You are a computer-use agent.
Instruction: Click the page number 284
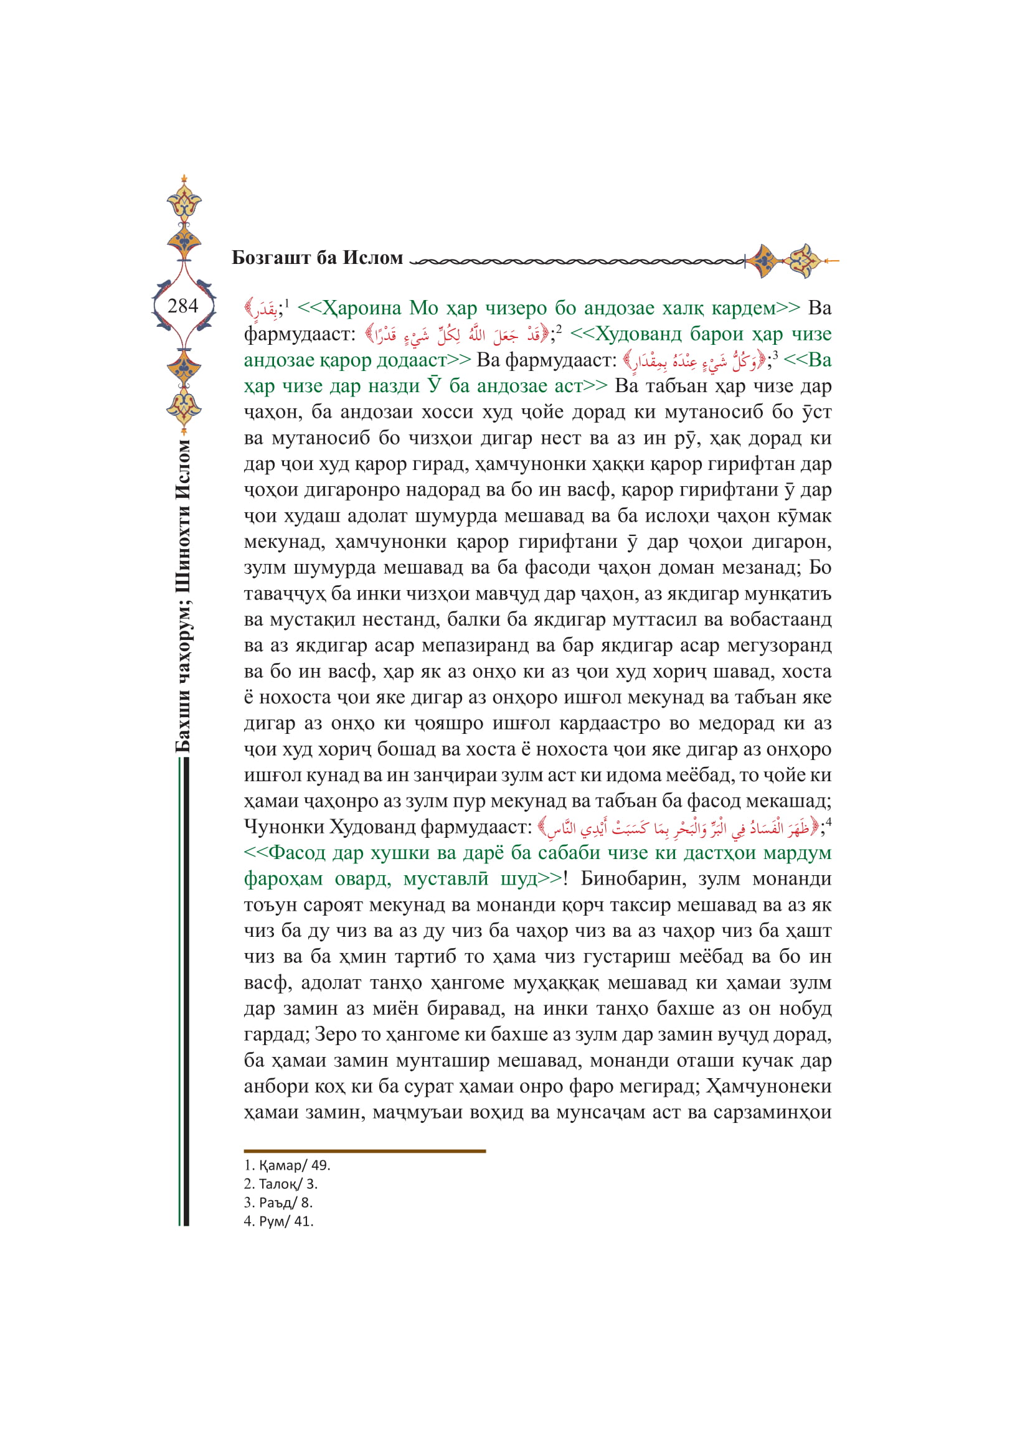click(x=182, y=306)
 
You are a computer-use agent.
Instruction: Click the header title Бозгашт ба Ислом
click(x=317, y=258)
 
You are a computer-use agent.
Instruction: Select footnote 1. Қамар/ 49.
click(x=286, y=1165)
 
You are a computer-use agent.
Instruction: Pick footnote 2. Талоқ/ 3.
click(x=280, y=1183)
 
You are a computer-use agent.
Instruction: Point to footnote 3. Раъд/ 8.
click(x=278, y=1203)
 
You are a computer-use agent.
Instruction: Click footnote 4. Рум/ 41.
click(x=278, y=1221)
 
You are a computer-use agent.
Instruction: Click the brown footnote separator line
click(x=364, y=1150)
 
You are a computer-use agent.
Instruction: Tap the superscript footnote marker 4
click(x=828, y=822)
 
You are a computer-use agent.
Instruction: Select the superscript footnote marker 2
click(x=559, y=329)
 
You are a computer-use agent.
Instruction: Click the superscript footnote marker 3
click(x=775, y=355)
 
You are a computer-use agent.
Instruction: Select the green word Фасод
click(x=298, y=853)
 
